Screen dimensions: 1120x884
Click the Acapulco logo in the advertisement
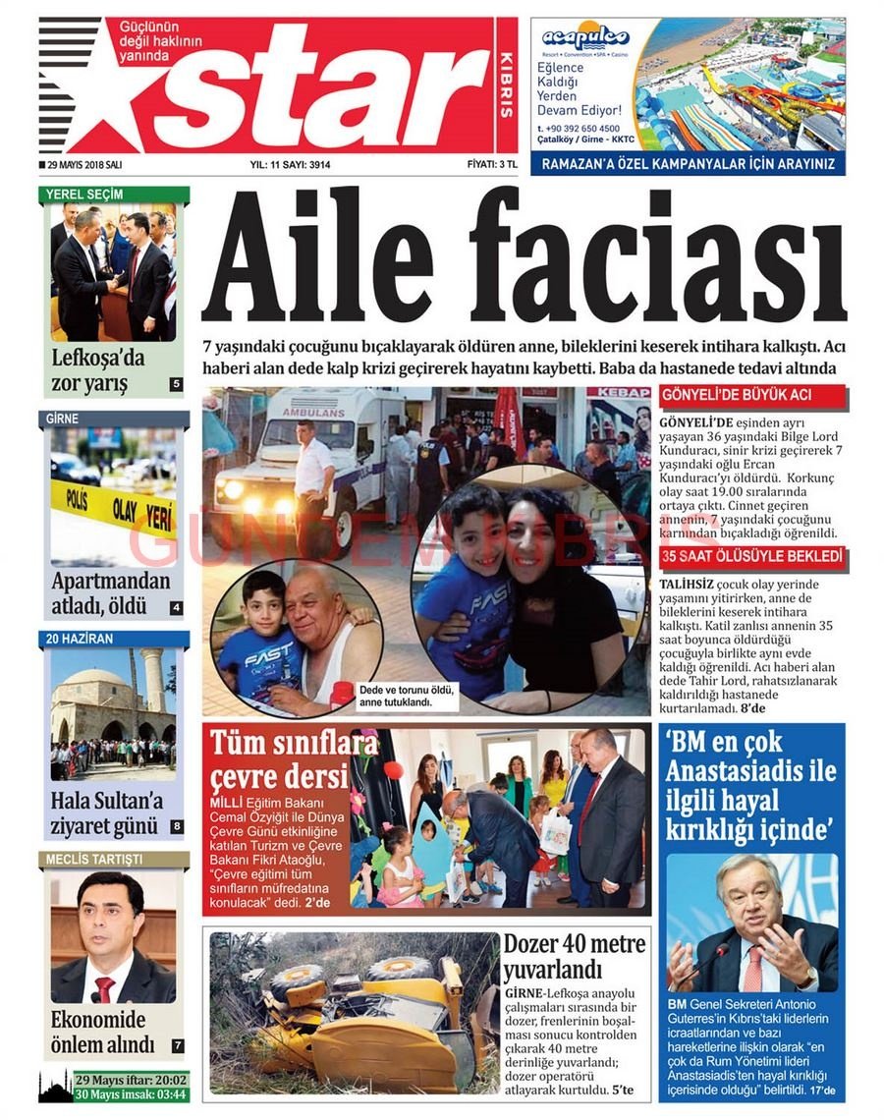tap(585, 38)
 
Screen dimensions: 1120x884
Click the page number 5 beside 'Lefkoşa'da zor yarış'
tap(176, 384)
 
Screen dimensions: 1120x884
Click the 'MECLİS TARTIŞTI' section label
tap(93, 860)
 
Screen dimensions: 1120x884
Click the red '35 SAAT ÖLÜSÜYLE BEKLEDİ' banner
tap(752, 557)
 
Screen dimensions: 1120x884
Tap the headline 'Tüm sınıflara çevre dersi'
tap(280, 759)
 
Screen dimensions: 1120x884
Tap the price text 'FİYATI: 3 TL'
tap(492, 165)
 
